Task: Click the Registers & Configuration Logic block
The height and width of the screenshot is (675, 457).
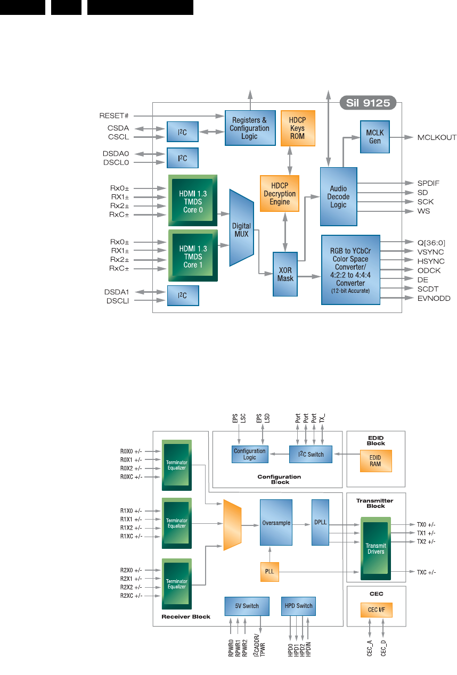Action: click(x=249, y=128)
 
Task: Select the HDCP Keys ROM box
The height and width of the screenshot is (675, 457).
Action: click(x=298, y=128)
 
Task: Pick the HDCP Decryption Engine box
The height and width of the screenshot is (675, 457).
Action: click(x=280, y=194)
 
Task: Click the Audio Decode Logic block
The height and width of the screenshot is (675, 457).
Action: click(x=339, y=196)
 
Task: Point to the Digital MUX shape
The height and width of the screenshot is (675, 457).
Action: click(x=241, y=227)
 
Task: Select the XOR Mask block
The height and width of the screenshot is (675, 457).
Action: click(x=285, y=274)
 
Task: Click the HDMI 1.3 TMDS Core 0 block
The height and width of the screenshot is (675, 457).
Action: click(x=193, y=201)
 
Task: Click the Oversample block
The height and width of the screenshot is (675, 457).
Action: click(x=276, y=523)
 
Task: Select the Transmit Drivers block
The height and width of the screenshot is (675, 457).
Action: click(x=376, y=549)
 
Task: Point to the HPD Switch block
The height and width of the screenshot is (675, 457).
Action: click(x=298, y=606)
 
